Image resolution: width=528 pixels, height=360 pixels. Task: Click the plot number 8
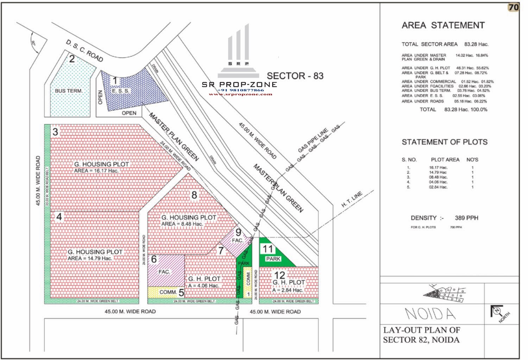194,195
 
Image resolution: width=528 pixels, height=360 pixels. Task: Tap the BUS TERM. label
69,91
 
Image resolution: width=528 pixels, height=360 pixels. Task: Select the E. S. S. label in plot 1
121,91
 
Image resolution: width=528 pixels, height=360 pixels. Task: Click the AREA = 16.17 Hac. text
96,171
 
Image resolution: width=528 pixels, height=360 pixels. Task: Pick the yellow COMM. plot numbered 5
165,292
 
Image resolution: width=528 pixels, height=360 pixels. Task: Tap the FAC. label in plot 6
164,272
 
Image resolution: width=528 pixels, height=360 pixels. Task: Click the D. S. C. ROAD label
84,51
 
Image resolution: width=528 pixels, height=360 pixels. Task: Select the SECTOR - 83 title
295,76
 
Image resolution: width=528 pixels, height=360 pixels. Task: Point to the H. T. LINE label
352,200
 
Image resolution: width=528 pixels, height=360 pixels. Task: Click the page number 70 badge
514,7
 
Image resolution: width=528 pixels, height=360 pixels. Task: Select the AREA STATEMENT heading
443,25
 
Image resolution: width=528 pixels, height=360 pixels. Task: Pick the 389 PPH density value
466,218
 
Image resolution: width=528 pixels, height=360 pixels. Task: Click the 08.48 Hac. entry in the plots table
438,177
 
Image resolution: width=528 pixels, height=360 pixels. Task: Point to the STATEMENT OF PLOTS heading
445,142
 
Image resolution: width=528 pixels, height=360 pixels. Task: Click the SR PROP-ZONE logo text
239,84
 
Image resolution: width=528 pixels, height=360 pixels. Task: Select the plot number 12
279,275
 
